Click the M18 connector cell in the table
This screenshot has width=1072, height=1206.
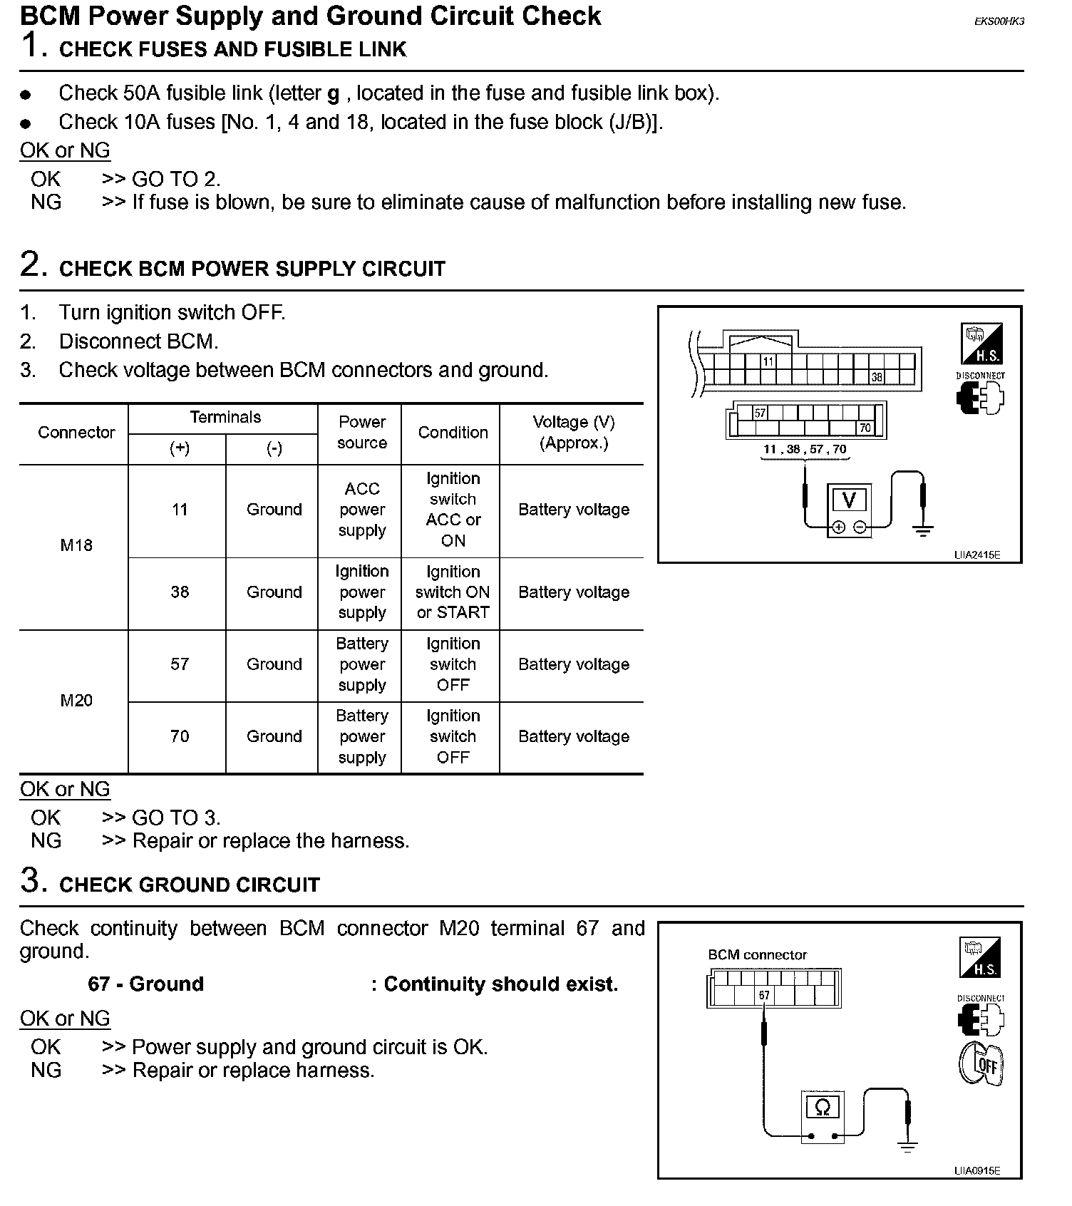coord(76,545)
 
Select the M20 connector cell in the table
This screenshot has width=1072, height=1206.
coord(76,701)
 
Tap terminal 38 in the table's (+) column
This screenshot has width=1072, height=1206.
coord(180,592)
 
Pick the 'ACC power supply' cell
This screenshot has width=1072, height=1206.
coord(362,510)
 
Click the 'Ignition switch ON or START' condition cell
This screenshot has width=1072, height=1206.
coord(453,592)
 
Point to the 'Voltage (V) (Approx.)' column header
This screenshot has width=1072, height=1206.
coord(574,433)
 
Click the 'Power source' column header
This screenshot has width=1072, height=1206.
coord(362,433)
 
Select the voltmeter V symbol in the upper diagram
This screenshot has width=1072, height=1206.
coord(849,500)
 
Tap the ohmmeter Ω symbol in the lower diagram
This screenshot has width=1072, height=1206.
coord(823,1108)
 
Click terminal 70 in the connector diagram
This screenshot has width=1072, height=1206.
coord(865,428)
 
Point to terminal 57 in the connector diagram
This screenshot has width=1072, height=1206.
coord(760,413)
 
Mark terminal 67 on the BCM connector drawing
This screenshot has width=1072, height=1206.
coord(764,995)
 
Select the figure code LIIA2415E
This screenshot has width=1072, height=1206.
coord(977,555)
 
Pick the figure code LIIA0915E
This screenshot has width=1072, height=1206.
coord(977,1170)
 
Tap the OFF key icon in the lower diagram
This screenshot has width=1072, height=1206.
coord(982,1064)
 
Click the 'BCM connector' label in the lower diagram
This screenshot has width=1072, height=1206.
coord(757,955)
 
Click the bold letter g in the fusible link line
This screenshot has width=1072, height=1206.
coord(333,94)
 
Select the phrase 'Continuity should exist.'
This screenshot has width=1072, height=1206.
coord(500,984)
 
